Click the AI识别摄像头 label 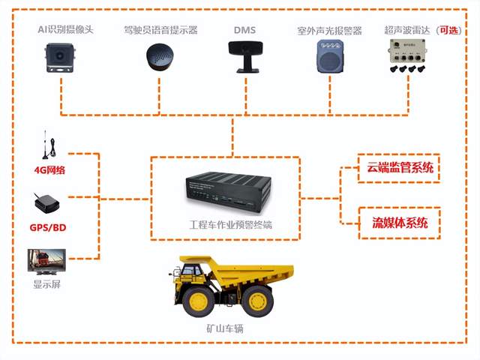coord(66,30)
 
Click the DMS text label coord(244,30)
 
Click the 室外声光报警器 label coord(329,31)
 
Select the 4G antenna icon coord(46,146)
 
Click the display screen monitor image coord(47,262)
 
